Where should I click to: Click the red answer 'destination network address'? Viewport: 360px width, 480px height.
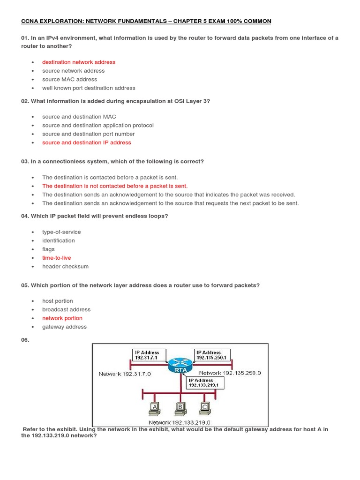[79, 62]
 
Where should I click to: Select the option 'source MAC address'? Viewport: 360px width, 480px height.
[69, 79]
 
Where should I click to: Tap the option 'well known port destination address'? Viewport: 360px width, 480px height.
[89, 88]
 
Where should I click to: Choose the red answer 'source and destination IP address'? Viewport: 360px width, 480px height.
[87, 142]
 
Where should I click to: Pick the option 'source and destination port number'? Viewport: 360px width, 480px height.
[88, 134]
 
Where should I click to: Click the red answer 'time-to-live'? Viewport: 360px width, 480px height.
[57, 258]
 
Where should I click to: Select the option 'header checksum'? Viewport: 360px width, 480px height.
[65, 266]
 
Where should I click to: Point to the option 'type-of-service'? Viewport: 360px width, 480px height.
[61, 232]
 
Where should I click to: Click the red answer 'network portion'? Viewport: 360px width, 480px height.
[62, 318]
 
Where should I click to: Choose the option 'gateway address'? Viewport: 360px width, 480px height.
[64, 327]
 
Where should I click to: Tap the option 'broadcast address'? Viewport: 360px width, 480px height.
[66, 309]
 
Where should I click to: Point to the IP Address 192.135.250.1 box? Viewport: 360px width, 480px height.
[212, 355]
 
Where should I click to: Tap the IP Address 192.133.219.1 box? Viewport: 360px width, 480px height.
[206, 382]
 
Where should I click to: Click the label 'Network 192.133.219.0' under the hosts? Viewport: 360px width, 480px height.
[180, 422]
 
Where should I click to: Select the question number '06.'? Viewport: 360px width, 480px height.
[25, 340]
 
